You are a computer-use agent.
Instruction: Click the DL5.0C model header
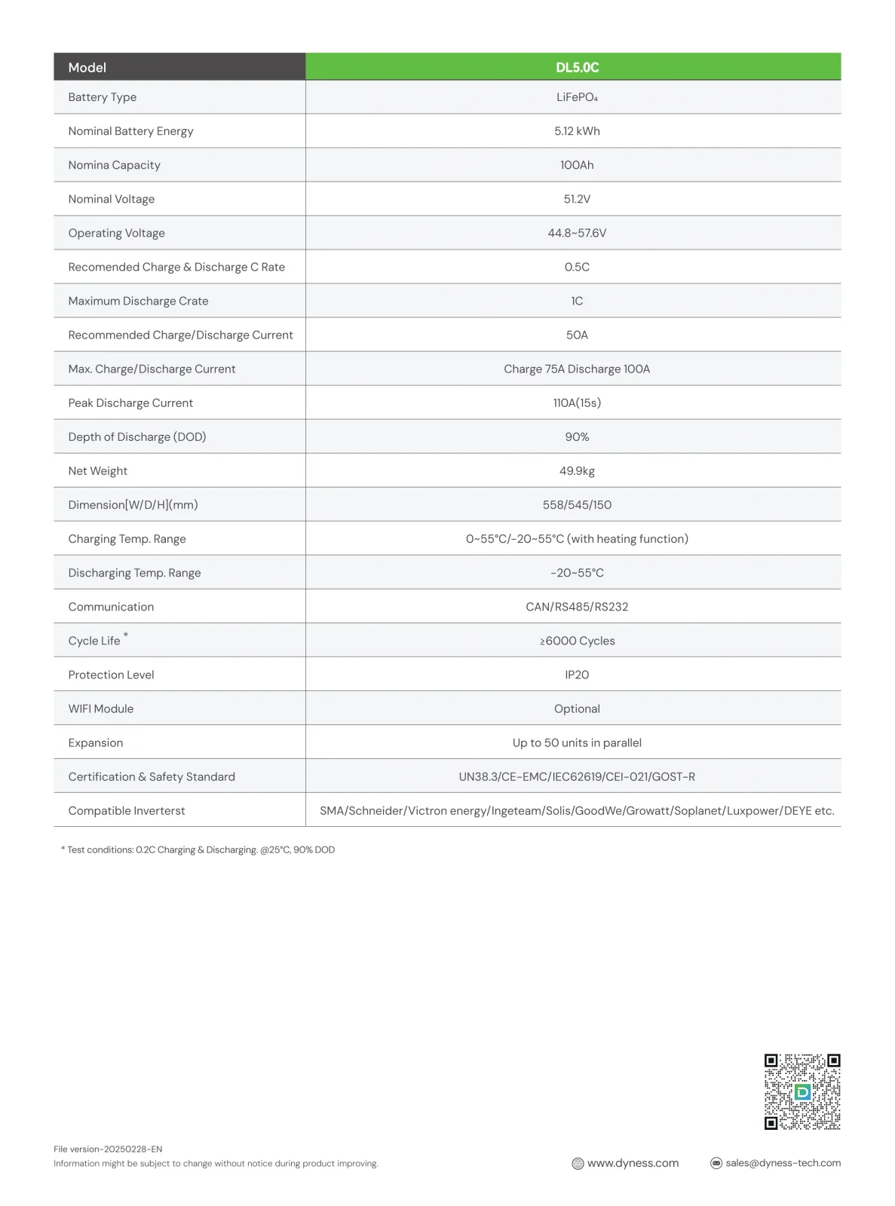[577, 67]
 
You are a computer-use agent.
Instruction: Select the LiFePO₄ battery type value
[577, 97]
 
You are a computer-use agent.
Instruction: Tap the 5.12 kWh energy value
[577, 131]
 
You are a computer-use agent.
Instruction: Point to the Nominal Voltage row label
[112, 199]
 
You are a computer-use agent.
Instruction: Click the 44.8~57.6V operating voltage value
[577, 233]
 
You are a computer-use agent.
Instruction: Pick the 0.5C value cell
[577, 267]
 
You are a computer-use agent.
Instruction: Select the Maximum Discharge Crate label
[138, 301]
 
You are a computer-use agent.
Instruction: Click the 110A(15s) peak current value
[577, 403]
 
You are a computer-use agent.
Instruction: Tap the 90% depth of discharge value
[577, 436]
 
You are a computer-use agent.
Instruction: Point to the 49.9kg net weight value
[577, 470]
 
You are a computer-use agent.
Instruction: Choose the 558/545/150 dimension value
[577, 504]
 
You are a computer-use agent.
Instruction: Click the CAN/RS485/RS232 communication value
[577, 607]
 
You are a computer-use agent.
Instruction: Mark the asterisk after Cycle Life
[126, 635]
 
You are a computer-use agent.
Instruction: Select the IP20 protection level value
[577, 675]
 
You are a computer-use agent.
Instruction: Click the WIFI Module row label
[101, 709]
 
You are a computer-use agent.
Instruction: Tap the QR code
[802, 1091]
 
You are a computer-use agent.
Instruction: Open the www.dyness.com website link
[633, 1163]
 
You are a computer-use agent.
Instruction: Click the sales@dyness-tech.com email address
[783, 1163]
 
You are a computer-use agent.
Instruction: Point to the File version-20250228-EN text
[108, 1149]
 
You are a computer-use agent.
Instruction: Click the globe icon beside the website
[578, 1163]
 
